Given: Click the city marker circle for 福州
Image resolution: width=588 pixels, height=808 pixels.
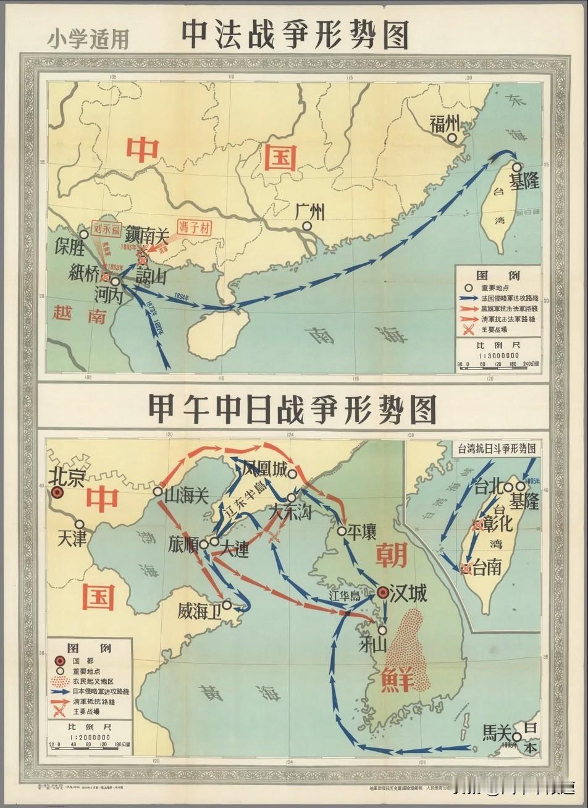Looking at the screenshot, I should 454,139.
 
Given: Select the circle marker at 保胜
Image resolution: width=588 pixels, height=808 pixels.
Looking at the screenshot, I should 83,235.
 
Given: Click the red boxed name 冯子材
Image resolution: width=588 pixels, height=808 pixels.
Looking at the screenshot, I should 195,227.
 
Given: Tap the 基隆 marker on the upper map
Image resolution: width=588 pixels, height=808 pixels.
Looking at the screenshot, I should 516,167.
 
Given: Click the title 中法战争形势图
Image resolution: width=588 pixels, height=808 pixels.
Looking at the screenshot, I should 295,35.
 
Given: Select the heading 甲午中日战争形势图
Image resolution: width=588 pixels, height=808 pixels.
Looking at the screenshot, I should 292,408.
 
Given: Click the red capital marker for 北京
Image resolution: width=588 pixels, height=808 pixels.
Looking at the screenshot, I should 57,492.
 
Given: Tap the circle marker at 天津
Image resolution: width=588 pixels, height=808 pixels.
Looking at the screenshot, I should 79,524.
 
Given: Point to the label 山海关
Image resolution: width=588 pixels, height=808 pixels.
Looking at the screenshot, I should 186,492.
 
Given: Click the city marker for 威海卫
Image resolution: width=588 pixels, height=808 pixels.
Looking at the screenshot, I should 227,605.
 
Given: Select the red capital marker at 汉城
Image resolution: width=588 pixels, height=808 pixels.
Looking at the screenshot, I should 383,593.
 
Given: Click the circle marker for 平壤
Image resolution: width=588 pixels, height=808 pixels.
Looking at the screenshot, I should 342,531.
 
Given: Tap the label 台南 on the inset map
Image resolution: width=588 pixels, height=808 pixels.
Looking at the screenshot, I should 487,568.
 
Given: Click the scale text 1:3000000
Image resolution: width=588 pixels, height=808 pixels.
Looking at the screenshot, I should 498,356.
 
